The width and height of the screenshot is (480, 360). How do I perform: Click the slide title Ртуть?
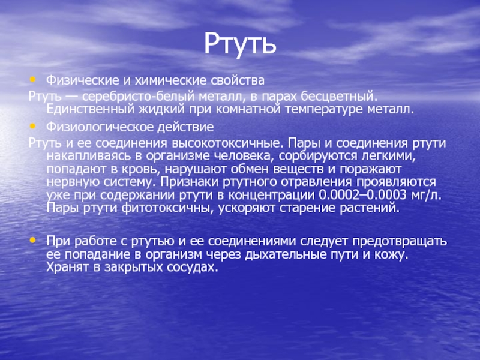[x=241, y=44]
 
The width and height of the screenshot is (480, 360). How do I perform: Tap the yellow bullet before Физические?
[x=32, y=80]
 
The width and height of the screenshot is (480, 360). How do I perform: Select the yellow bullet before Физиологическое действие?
[x=32, y=126]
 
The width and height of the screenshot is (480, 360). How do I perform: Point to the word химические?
[x=171, y=80]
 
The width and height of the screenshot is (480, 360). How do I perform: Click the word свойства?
[x=238, y=80]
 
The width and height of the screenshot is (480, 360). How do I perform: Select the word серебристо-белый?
[x=139, y=97]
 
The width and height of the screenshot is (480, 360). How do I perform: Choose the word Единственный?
[x=91, y=109]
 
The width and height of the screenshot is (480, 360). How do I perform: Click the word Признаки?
[x=187, y=182]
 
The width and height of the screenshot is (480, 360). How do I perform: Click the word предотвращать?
[x=400, y=241]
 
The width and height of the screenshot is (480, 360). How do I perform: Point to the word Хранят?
[x=68, y=267]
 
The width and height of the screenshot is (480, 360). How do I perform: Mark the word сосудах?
[x=192, y=267]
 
